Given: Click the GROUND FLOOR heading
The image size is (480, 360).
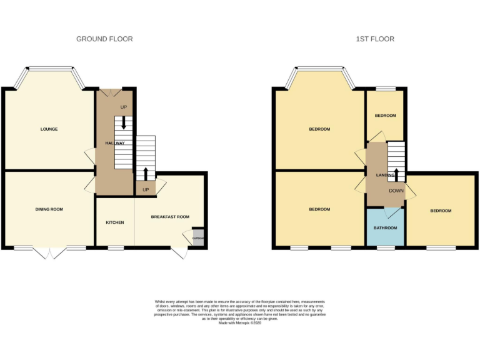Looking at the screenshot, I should click(x=104, y=39).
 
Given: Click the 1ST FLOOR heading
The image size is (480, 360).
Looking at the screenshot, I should click(x=375, y=39).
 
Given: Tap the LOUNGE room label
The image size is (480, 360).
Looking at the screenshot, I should click(x=49, y=129).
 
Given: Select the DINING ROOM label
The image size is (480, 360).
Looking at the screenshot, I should click(x=49, y=209).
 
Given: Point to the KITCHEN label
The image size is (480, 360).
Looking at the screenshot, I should click(x=114, y=222).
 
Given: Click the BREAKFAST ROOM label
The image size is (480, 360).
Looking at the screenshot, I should click(x=170, y=217).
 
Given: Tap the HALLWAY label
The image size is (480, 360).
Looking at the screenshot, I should click(x=115, y=143).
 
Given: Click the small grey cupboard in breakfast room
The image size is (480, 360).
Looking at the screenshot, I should click(x=197, y=238).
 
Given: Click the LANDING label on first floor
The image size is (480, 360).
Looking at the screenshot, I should click(x=385, y=176).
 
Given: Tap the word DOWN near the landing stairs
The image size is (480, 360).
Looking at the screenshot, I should click(x=396, y=191).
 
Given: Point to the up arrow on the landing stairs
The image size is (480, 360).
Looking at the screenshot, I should click(x=396, y=173).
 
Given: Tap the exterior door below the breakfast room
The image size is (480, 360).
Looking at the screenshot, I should click(x=179, y=253).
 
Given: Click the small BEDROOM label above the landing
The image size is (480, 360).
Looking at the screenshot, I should click(x=385, y=116).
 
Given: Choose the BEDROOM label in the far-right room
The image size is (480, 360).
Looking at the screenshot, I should click(x=440, y=211).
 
